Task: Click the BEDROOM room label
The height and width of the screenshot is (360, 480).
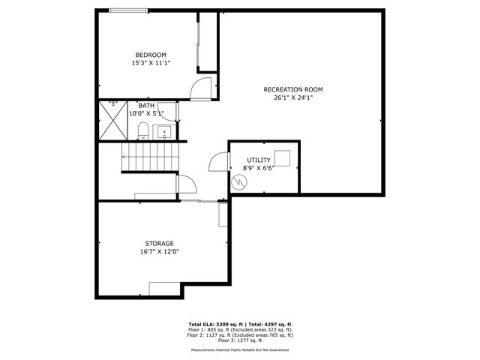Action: [x=151, y=55]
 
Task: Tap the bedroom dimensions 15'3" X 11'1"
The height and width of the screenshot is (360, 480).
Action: [x=151, y=63]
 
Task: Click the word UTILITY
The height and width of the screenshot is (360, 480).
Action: [x=258, y=160]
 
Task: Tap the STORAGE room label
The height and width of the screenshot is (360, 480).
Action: [x=160, y=243]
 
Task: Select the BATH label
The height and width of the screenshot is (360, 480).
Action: [x=145, y=106]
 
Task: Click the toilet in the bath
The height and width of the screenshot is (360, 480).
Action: [x=142, y=132]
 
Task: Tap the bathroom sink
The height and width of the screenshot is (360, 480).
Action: [x=164, y=132]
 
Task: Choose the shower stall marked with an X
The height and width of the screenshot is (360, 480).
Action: [x=113, y=121]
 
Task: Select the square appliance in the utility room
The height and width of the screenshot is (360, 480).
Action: [x=282, y=158]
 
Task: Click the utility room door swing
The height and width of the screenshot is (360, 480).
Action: [x=217, y=163]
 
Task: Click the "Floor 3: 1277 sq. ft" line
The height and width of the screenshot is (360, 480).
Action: [x=240, y=340]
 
